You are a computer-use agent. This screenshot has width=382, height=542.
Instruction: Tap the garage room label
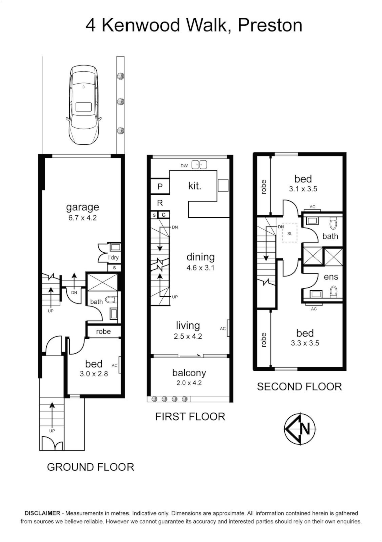pyautogui.click(x=82, y=207)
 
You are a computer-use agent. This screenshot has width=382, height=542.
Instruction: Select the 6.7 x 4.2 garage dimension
pyautogui.click(x=82, y=218)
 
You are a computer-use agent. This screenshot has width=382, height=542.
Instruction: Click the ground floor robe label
pyautogui.click(x=103, y=332)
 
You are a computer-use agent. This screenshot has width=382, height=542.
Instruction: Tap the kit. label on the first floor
pyautogui.click(x=195, y=186)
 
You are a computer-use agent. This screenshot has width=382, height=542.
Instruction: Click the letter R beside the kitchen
pyautogui.click(x=160, y=203)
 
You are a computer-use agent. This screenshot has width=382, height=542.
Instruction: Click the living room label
pyautogui.click(x=188, y=326)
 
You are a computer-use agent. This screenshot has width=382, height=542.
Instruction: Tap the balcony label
pyautogui.click(x=189, y=373)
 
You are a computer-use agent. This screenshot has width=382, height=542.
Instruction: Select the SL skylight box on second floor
pyautogui.click(x=290, y=233)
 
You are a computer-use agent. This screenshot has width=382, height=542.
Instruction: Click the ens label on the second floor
pyautogui.click(x=331, y=277)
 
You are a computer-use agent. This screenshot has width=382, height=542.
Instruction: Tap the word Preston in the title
pyautogui.click(x=270, y=25)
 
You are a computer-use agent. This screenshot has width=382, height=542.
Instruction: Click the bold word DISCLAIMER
pyautogui.click(x=42, y=513)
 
